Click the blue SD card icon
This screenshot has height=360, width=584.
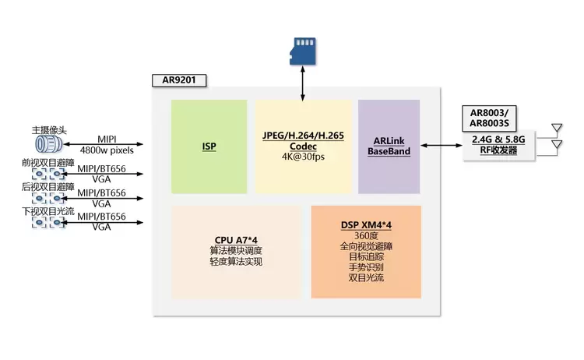click(303, 51)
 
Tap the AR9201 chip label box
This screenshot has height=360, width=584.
click(179, 80)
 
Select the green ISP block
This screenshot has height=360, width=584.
click(209, 146)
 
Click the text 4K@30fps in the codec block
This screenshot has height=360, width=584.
click(303, 157)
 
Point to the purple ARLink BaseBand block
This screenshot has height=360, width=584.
click(389, 146)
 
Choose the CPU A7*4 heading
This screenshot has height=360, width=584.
click(236, 240)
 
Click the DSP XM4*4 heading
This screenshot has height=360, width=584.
click(366, 225)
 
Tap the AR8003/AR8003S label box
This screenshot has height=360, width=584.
click(489, 118)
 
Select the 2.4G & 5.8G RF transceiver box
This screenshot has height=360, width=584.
click(498, 146)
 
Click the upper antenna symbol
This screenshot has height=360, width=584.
click(557, 129)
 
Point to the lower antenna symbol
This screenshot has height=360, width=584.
click(557, 145)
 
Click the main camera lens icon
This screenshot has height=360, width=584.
click(49, 144)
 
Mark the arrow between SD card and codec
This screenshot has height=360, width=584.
click(303, 83)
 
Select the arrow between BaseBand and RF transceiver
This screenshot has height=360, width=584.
click(442, 146)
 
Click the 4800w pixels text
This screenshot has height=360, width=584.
click(107, 150)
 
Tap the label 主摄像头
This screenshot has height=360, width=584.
click(49, 130)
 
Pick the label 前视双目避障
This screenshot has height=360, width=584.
click(48, 163)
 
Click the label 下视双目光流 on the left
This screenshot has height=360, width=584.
click(48, 211)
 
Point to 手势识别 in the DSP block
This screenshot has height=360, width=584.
click(366, 267)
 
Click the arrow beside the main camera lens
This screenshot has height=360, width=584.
click(103, 144)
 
